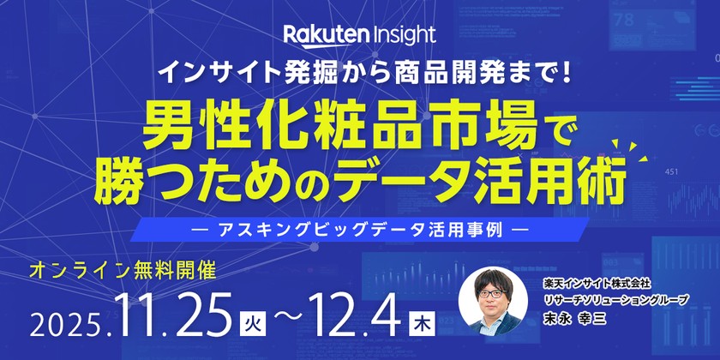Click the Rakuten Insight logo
point(358,35)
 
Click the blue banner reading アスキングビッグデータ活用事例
point(359,229)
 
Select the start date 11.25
point(177,317)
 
